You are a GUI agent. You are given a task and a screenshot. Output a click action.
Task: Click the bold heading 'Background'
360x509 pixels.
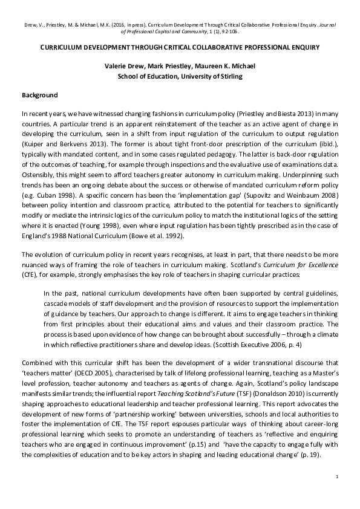[x=40, y=96]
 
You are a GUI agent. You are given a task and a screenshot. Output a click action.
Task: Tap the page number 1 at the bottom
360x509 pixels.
[x=336, y=478]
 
